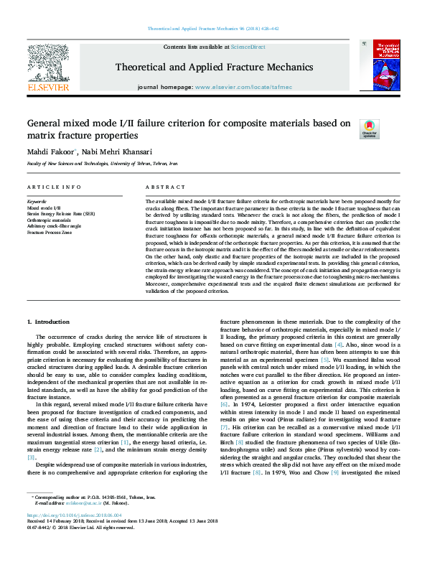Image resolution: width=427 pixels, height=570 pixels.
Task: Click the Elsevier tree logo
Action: coord(47,62)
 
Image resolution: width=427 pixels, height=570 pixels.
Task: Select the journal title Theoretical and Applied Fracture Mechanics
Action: coord(215,67)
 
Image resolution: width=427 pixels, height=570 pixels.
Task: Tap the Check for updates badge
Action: coord(369,129)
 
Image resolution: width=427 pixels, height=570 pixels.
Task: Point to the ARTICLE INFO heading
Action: coord(54,187)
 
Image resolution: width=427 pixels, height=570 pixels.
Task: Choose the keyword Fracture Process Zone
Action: coord(50,233)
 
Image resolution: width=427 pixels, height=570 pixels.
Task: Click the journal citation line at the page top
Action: coord(213,28)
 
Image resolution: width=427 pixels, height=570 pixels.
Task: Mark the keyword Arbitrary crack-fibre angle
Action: coord(55,226)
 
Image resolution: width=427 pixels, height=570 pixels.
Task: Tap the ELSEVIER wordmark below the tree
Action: coord(48,87)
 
